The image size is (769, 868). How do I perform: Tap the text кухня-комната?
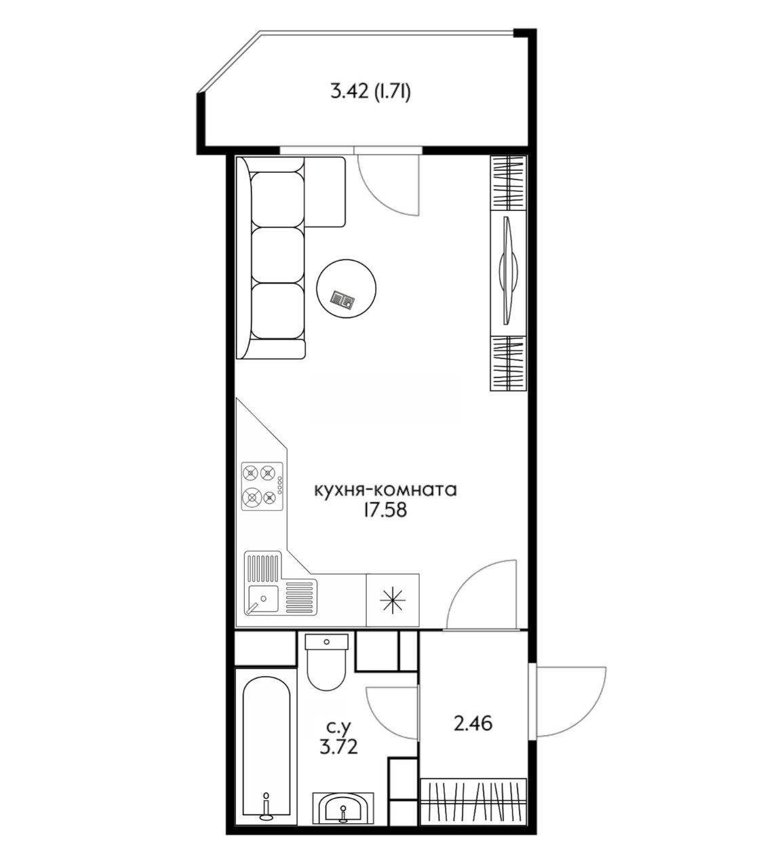pyautogui.click(x=385, y=490)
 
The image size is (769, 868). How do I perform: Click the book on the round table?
pyautogui.click(x=342, y=298)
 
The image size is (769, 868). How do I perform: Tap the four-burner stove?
pyautogui.click(x=262, y=486)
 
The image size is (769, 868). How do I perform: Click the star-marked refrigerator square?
pyautogui.click(x=393, y=600)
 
